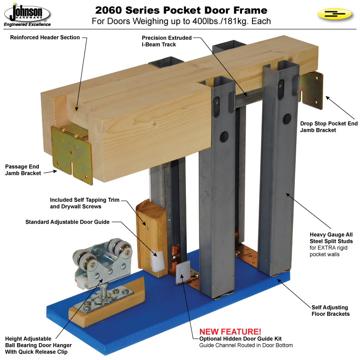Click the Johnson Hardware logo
(27, 15)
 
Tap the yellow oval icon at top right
(334, 14)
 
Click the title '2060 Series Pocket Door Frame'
(181, 10)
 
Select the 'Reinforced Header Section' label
(45, 37)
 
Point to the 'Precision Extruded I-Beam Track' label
(166, 41)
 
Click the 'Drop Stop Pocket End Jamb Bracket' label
(329, 127)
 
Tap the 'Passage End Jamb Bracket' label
(23, 170)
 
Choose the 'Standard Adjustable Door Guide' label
(67, 222)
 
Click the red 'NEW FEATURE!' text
(230, 332)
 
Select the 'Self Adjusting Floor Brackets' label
(330, 311)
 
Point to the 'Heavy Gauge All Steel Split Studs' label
(331, 238)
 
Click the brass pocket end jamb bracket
(311, 90)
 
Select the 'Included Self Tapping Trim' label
(84, 200)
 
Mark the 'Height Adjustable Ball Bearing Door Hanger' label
(38, 345)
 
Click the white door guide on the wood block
(158, 261)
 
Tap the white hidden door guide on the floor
(183, 273)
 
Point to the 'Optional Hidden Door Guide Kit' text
(241, 339)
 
